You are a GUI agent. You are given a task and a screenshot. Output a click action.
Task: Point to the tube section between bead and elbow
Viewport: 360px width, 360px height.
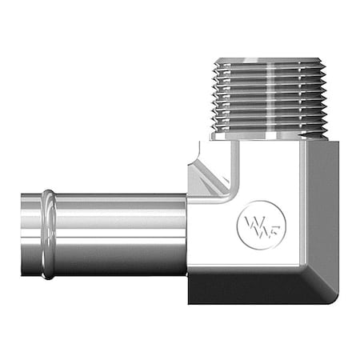[120, 232]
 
